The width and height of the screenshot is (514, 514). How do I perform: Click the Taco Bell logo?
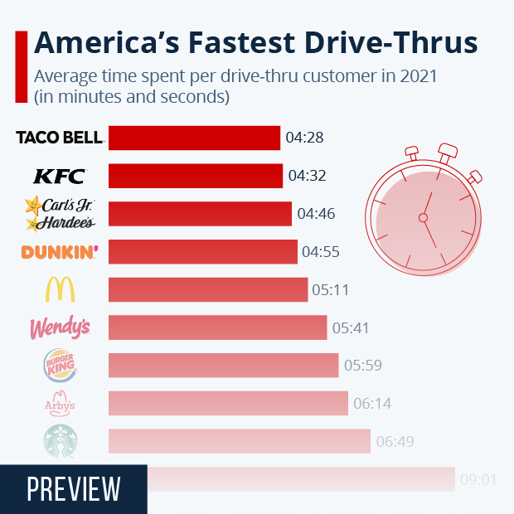pos(60,137)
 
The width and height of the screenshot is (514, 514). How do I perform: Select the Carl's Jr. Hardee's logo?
pos(60,213)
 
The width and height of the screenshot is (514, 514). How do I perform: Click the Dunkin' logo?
pos(60,251)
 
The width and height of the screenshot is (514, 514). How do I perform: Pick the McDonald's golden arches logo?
pos(60,289)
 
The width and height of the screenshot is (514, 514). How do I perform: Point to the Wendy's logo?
pos(60,328)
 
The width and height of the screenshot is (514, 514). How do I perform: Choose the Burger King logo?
pos(60,366)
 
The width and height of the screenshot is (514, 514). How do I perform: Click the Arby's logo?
pos(60,404)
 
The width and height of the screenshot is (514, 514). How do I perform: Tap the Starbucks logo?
pos(60,442)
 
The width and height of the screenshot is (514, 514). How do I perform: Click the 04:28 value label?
pos(304,138)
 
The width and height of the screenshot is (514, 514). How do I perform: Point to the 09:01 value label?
pos(479,479)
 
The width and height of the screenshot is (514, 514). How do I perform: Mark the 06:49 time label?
pos(395,442)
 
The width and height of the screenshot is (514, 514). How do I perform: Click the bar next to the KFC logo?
pos(196,176)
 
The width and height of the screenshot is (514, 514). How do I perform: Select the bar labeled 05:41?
pos(218,327)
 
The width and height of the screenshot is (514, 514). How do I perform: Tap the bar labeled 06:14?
pos(228,404)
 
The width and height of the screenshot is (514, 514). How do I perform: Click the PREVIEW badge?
pos(73,489)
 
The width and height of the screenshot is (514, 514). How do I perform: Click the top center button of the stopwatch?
pos(448,152)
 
